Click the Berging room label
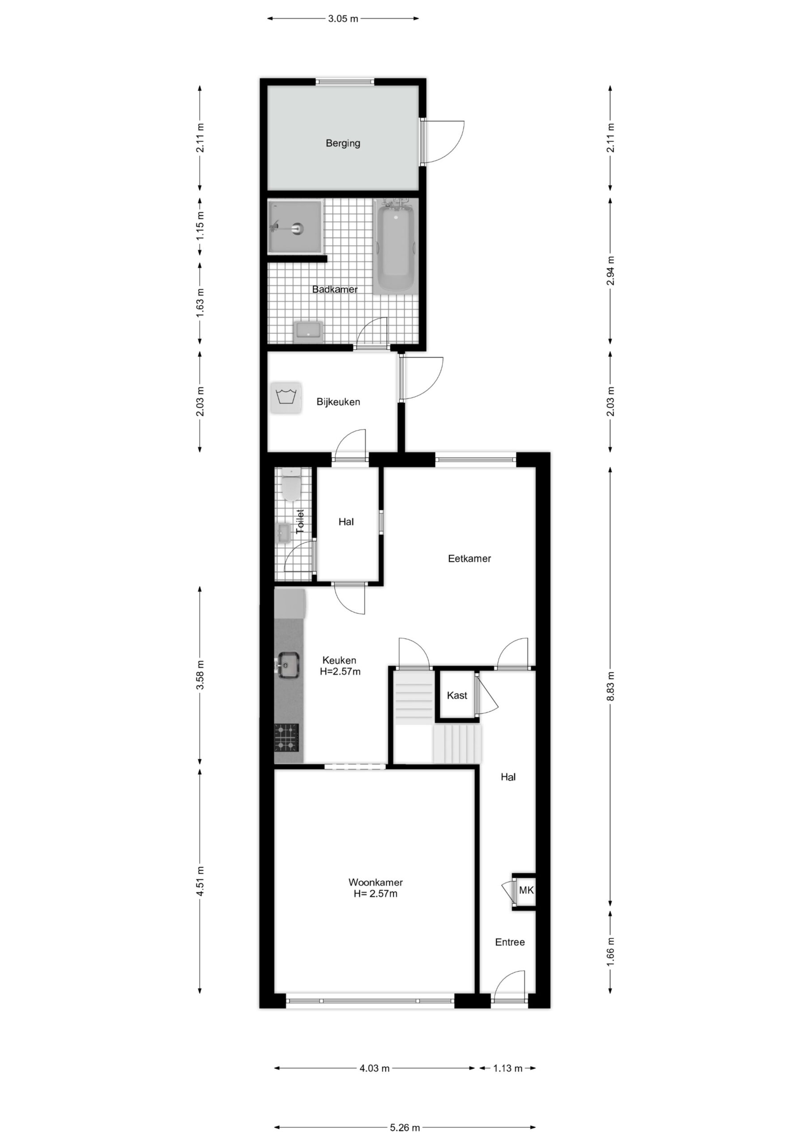(343, 143)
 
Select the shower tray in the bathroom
(295, 227)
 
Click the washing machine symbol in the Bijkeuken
(286, 398)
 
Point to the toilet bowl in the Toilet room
(290, 484)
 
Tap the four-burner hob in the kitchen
(286, 737)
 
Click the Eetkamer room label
(469, 559)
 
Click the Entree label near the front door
(510, 942)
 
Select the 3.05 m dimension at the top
(343, 19)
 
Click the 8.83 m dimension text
(610, 686)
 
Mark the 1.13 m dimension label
(507, 1068)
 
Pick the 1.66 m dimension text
(610, 951)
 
